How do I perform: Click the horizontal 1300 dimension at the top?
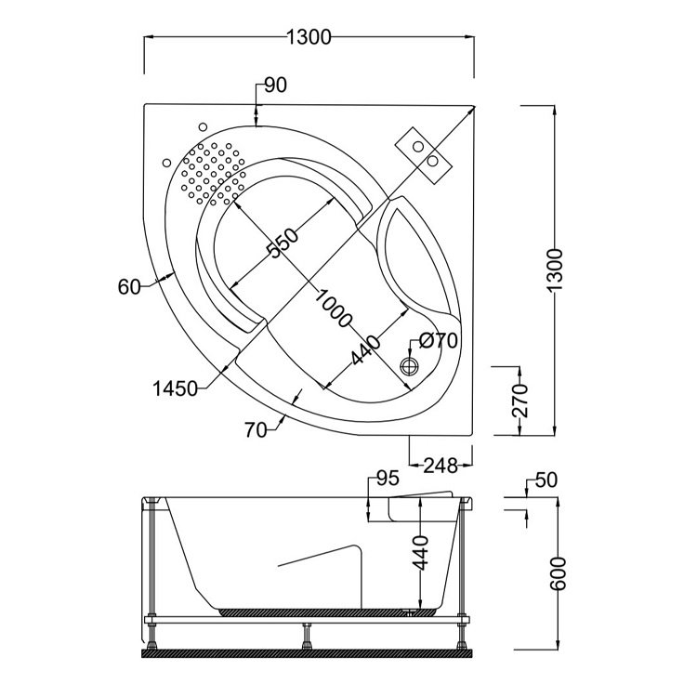(x=309, y=37)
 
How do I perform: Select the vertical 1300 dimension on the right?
(x=555, y=270)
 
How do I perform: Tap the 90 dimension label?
(x=275, y=85)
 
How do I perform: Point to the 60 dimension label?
(x=129, y=287)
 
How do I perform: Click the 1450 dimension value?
(x=175, y=388)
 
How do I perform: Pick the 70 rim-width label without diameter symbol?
(x=257, y=428)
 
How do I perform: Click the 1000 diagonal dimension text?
(x=333, y=309)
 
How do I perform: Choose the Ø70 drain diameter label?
(x=438, y=341)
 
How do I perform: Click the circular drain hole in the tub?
(x=409, y=365)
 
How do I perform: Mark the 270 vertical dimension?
(x=519, y=400)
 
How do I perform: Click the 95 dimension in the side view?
(x=388, y=480)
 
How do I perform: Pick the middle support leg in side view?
(x=305, y=637)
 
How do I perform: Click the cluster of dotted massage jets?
(x=212, y=173)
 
